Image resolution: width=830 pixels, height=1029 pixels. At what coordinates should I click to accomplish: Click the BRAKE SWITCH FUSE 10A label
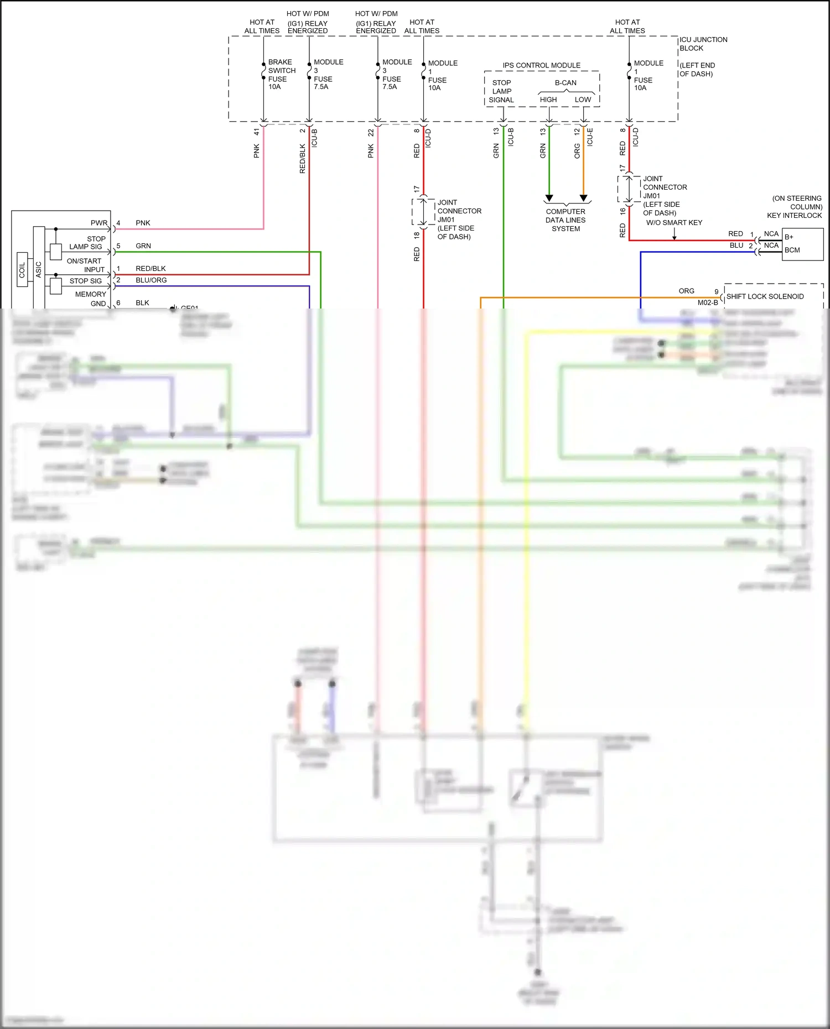point(281,74)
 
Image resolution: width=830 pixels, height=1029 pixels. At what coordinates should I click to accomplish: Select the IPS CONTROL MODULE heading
point(541,65)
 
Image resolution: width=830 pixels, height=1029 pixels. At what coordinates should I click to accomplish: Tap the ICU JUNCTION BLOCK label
point(703,44)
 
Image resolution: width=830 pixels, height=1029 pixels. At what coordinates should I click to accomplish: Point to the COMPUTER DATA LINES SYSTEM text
point(565,220)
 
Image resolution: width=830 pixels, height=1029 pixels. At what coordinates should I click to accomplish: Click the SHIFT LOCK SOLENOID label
point(765,296)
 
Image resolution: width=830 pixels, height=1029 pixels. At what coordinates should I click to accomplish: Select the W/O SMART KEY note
point(674,223)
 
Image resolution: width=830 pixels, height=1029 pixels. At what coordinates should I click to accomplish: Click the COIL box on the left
point(22,270)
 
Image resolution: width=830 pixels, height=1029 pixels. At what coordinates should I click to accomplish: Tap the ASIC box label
point(39,269)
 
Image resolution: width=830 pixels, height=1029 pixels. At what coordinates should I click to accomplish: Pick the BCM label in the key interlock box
point(792,250)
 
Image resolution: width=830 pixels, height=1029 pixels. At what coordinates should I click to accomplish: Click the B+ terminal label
point(788,237)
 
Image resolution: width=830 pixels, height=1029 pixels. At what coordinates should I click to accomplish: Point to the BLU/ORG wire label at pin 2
point(151,280)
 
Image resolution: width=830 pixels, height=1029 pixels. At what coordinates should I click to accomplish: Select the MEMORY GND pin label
point(91,299)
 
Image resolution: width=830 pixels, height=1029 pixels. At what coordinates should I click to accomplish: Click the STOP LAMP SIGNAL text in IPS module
point(501,91)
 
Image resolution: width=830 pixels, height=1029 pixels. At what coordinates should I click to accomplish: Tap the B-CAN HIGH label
point(548,100)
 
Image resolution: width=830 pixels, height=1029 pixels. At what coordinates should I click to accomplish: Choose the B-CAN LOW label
point(583,100)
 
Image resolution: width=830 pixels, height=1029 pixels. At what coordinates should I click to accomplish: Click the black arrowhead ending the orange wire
point(583,198)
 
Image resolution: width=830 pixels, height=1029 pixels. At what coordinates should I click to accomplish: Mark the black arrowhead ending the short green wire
point(549,198)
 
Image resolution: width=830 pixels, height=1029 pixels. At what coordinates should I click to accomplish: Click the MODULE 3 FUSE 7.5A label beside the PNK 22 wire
point(396,74)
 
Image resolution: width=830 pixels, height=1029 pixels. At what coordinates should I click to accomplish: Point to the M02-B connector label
point(707,302)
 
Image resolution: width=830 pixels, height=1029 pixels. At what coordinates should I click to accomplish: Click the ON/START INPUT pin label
point(85,265)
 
